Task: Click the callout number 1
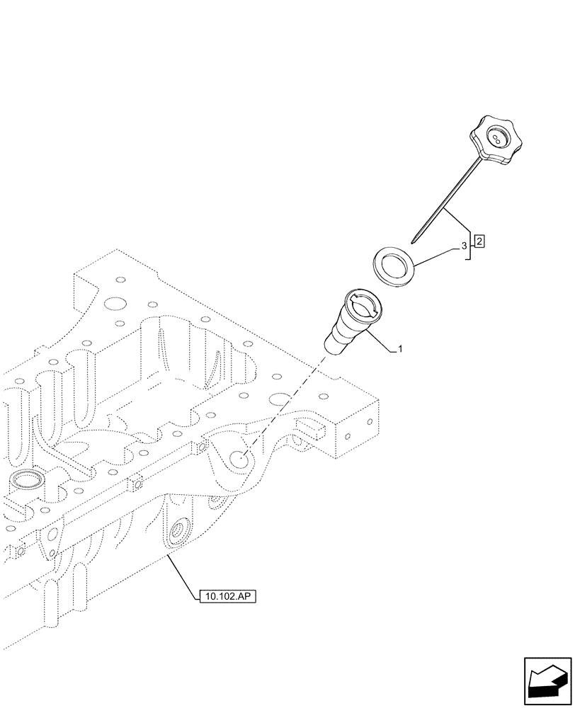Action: point(400,349)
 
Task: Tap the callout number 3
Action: point(464,246)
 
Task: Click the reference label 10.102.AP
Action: point(225,597)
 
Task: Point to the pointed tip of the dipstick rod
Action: point(414,241)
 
